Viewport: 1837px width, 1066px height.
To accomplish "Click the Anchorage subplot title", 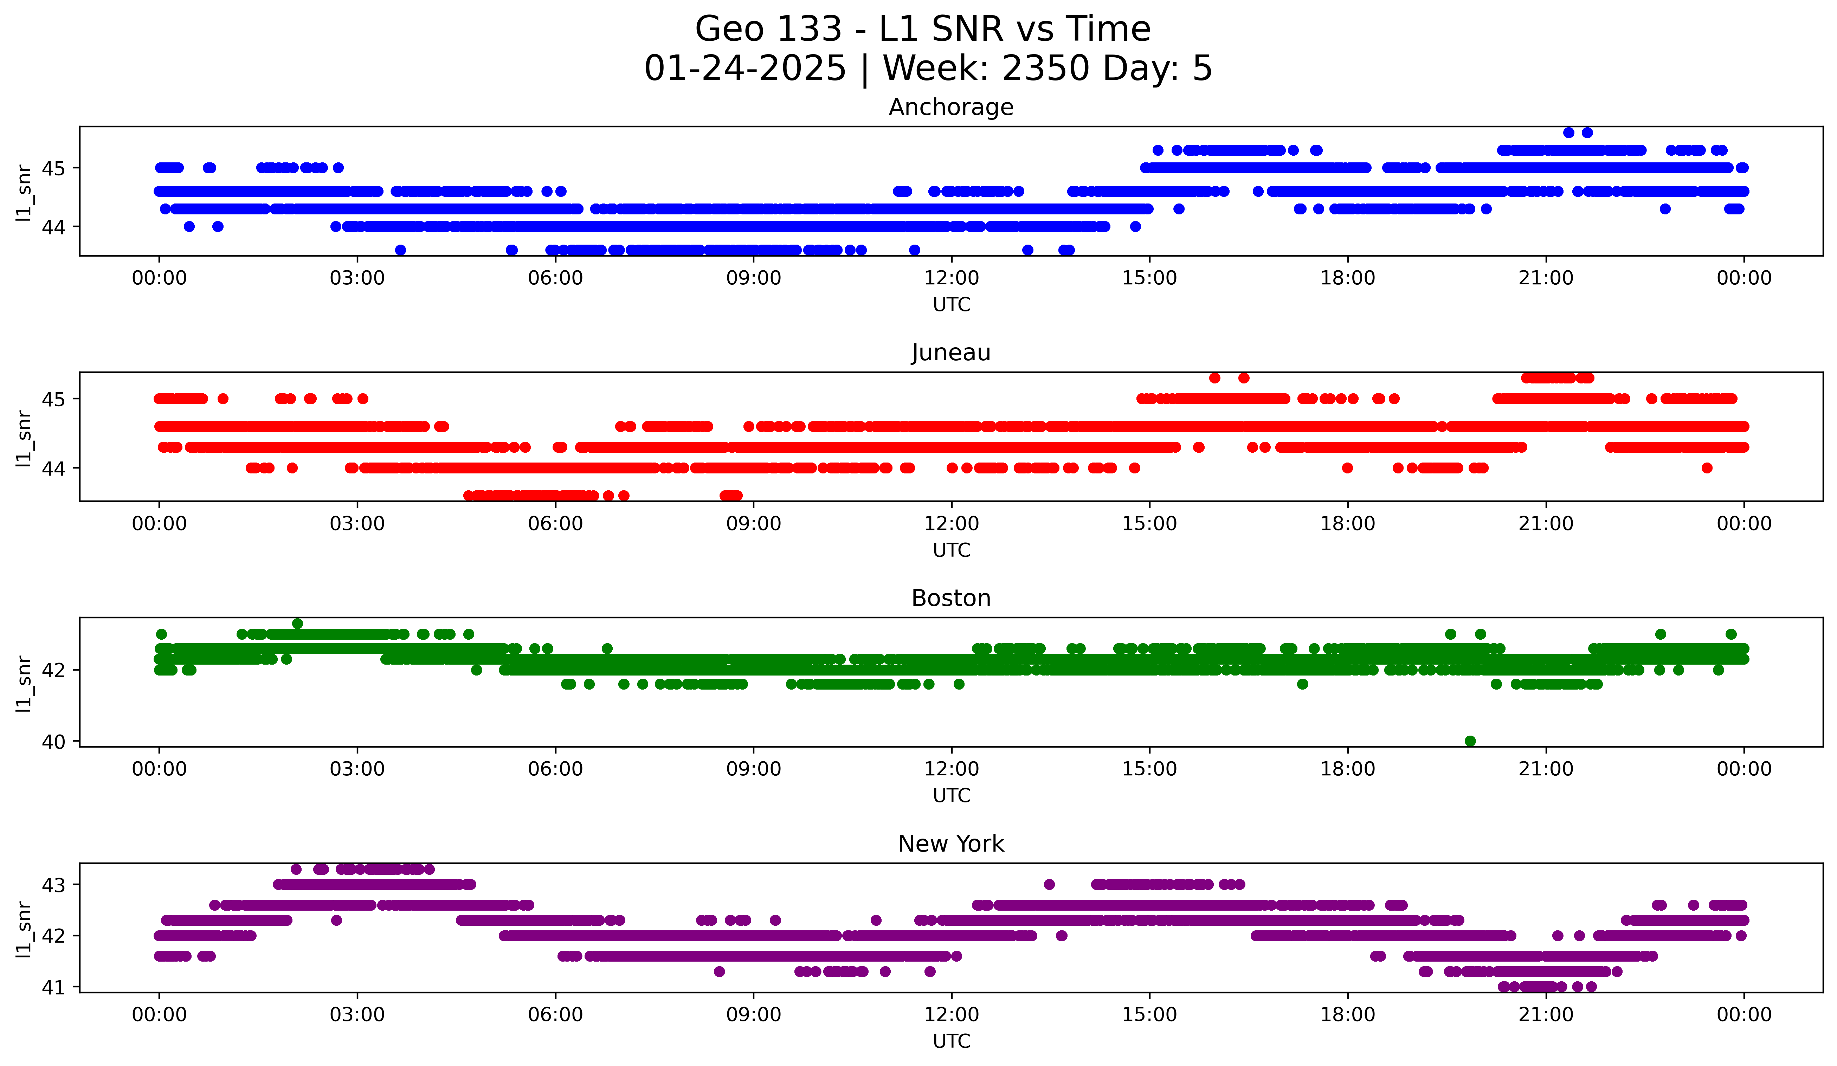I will [x=950, y=107].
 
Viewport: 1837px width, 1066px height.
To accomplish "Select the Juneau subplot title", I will [x=950, y=353].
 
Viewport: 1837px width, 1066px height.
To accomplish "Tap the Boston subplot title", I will [x=950, y=598].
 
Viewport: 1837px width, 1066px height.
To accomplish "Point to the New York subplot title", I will [x=950, y=844].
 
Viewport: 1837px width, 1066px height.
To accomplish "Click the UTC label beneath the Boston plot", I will [x=951, y=796].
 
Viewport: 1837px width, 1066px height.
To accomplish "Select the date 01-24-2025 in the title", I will [x=745, y=69].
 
